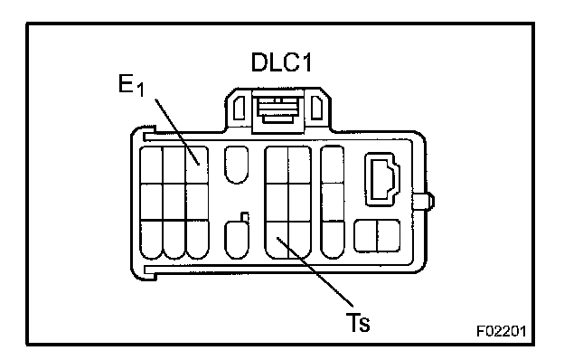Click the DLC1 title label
(x=281, y=62)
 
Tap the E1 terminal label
(x=131, y=86)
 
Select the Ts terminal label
(x=358, y=322)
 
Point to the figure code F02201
(x=502, y=331)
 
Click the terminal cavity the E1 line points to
(x=197, y=166)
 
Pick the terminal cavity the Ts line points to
(x=277, y=240)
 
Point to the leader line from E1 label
(x=177, y=132)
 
